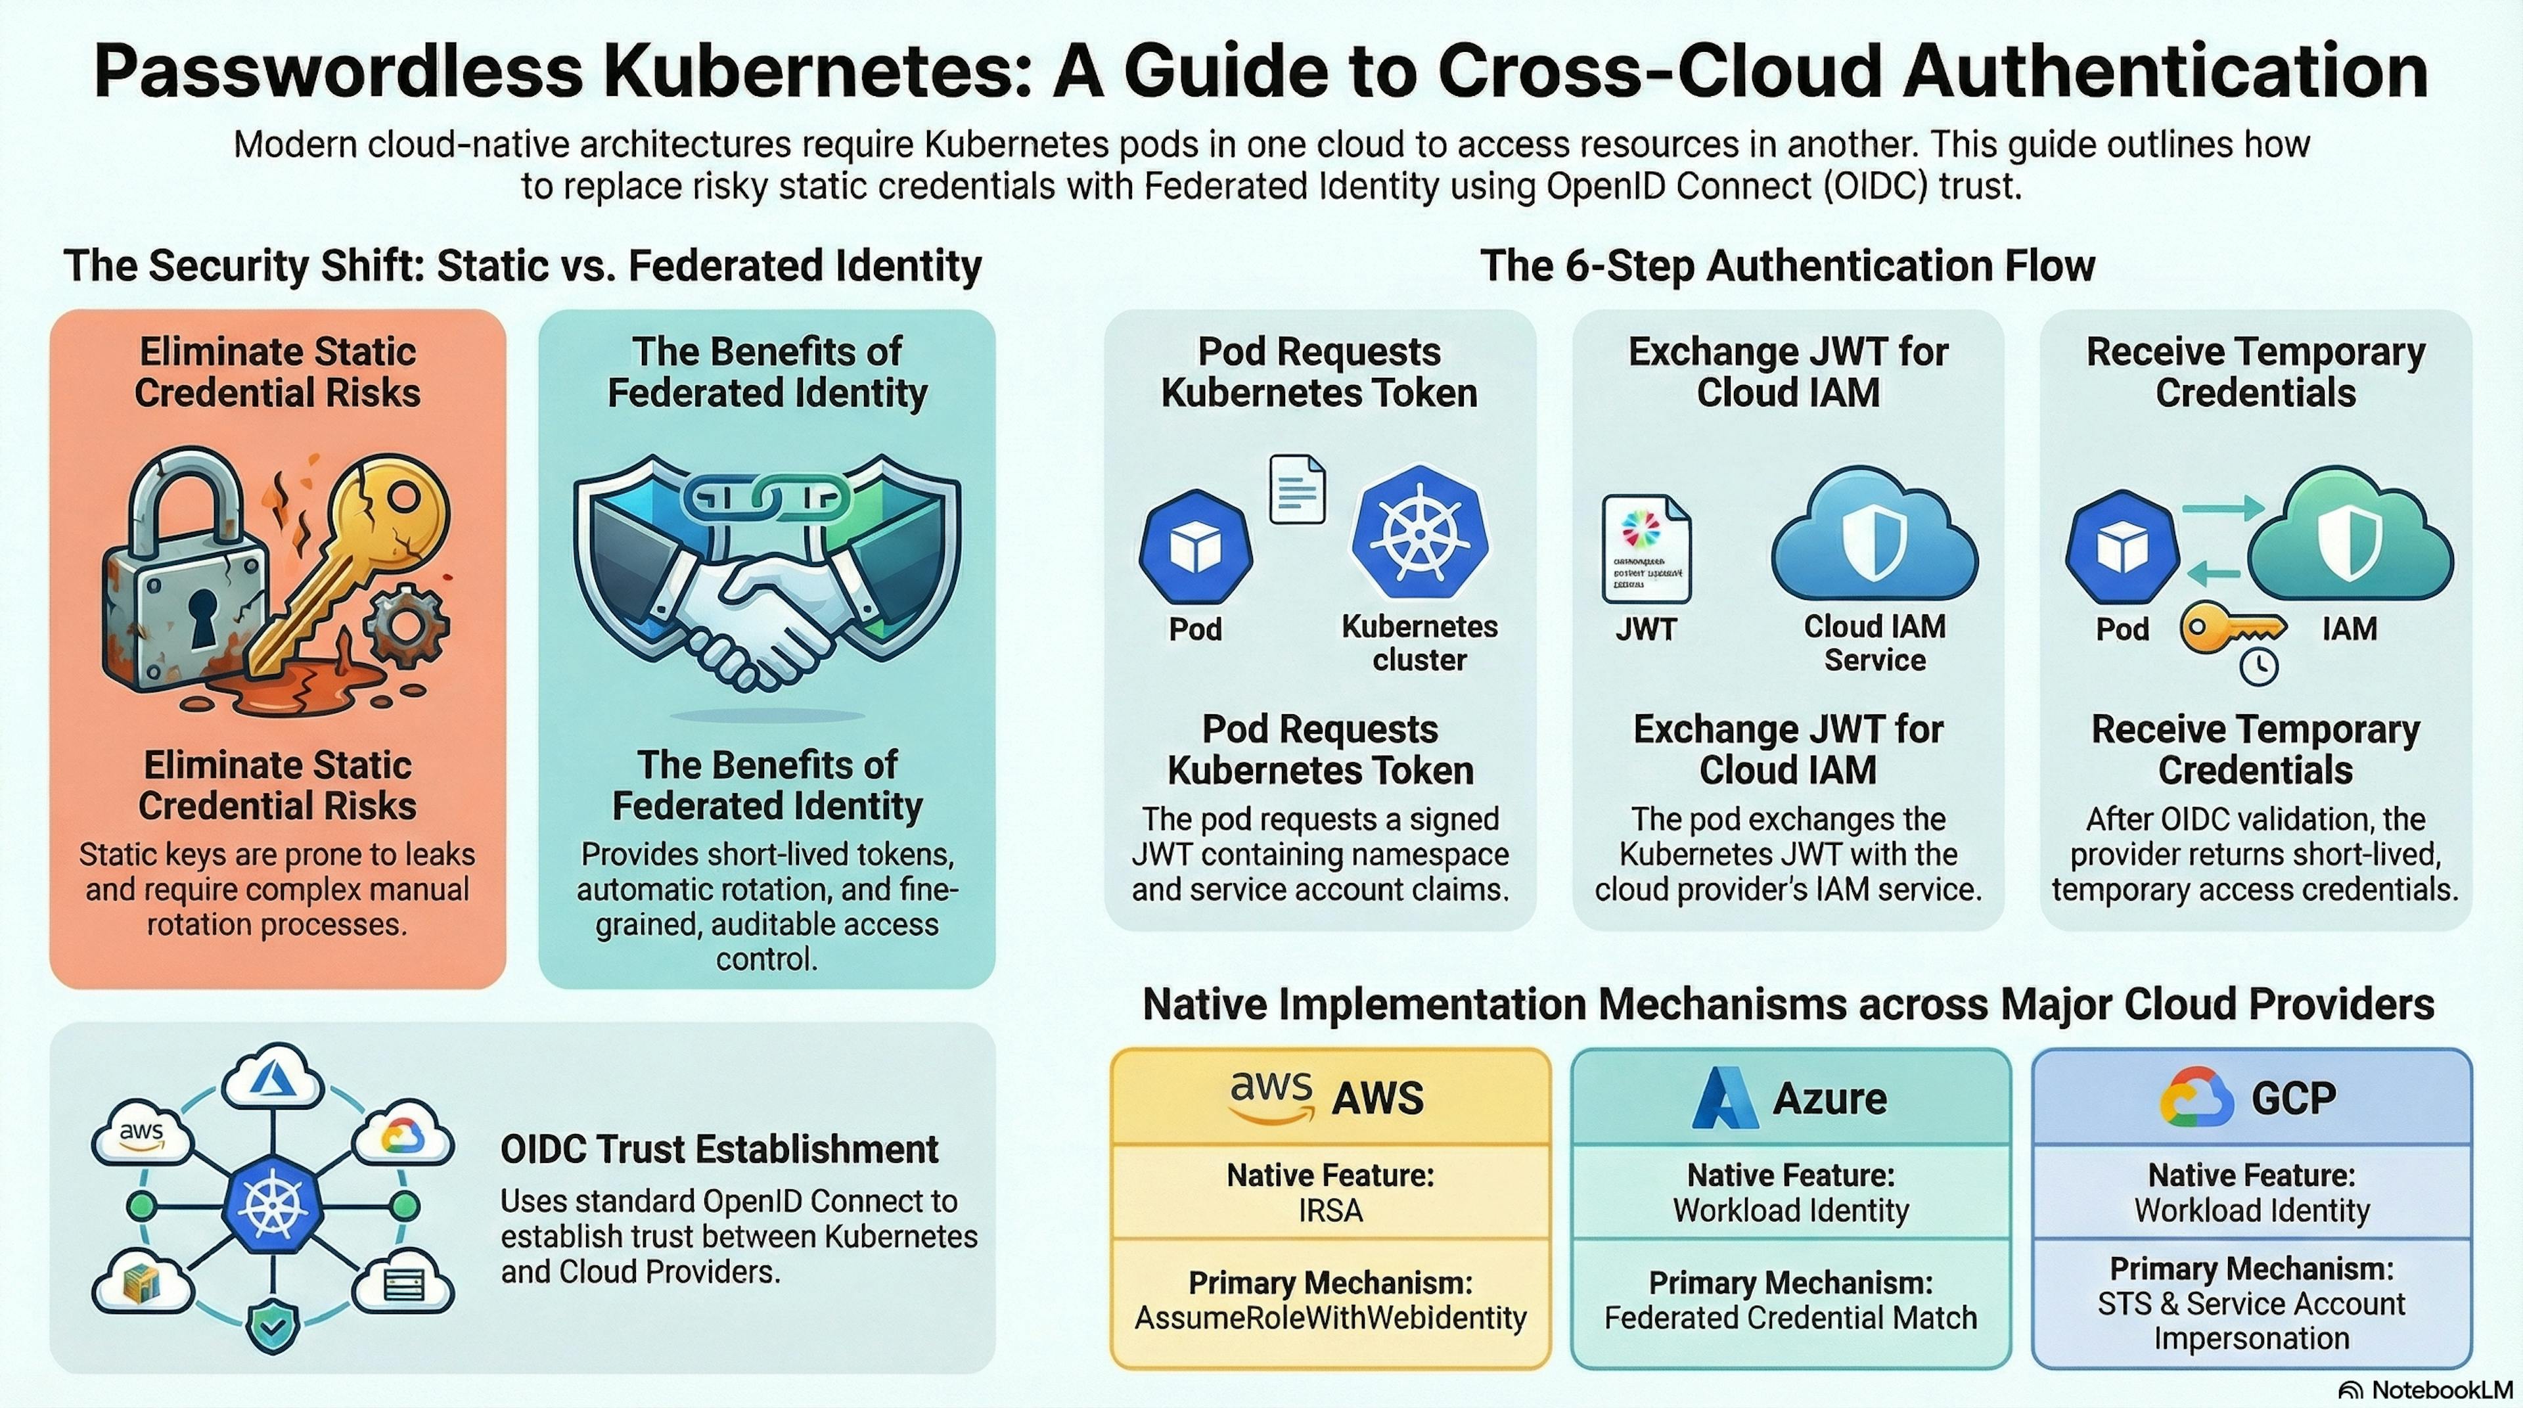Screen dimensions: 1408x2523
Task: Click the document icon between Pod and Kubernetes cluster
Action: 1297,489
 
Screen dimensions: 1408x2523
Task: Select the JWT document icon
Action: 1645,549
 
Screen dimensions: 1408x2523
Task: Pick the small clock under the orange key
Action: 2259,667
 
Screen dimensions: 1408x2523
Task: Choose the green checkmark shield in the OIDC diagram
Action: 269,1327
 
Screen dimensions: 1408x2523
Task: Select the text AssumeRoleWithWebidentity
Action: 1330,1318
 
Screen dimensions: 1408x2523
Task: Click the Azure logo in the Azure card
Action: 1724,1098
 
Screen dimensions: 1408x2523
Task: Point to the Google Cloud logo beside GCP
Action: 2195,1098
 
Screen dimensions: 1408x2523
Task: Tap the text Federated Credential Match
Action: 1790,1318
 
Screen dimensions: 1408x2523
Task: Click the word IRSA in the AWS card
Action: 1330,1211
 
